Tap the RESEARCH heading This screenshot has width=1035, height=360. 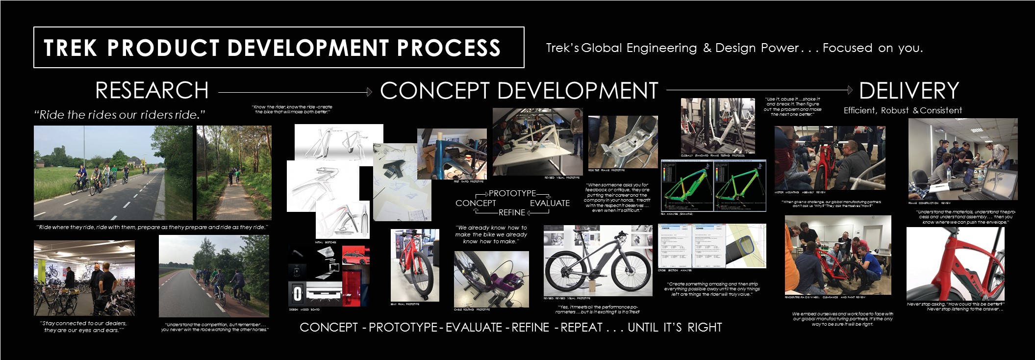point(152,91)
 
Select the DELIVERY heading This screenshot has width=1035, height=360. point(909,91)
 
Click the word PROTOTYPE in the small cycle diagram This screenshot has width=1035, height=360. point(512,193)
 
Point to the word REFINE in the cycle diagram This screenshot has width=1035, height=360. point(511,212)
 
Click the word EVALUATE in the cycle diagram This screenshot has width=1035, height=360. point(550,203)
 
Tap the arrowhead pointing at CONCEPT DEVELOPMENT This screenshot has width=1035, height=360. point(369,92)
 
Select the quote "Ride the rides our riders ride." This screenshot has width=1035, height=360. point(119,115)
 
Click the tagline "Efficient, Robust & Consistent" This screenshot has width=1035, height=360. point(903,110)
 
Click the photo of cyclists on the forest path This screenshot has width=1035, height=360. point(234,172)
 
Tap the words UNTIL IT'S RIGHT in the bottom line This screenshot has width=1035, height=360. point(675,327)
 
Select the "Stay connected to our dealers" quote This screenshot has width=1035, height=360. point(84,327)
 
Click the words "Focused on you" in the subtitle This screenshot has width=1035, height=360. point(873,48)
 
